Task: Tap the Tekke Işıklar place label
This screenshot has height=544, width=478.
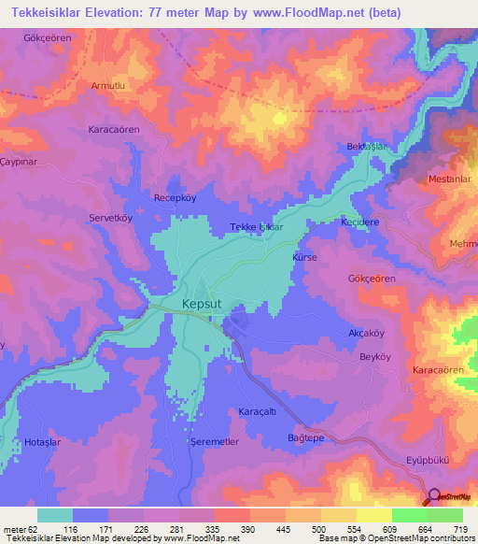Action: click(256, 227)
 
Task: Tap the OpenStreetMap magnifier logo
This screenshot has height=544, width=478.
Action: click(434, 497)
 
